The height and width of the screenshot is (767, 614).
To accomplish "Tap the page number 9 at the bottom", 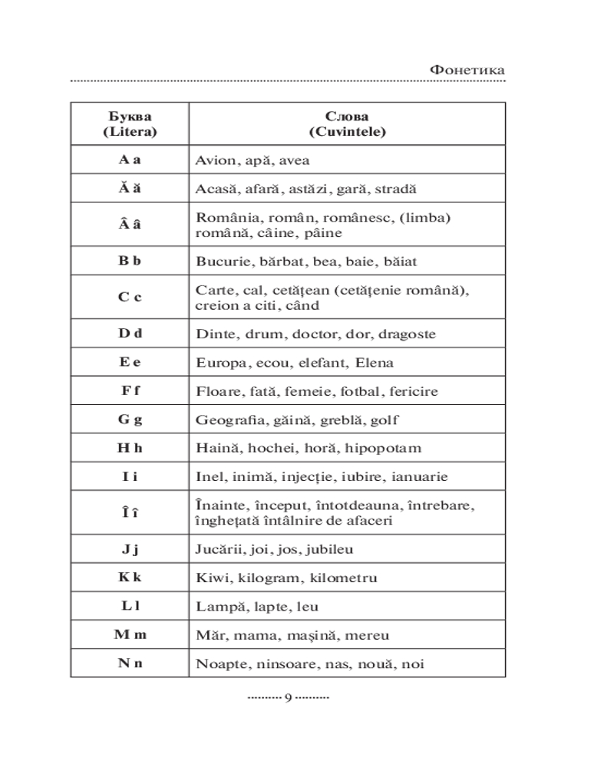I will click(288, 697).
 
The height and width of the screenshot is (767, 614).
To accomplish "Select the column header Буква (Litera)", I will click(130, 124).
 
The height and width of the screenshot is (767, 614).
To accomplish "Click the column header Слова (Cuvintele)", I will click(347, 124).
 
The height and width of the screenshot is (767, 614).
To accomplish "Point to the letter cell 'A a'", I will click(130, 160).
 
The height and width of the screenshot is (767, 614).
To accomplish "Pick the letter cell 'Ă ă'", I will click(130, 189).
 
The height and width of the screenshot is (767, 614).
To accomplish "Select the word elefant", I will click(316, 363).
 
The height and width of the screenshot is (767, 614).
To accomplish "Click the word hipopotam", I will click(383, 448).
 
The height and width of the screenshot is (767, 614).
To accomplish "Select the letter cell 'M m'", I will click(130, 635).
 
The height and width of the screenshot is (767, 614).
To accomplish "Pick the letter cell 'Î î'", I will click(130, 513).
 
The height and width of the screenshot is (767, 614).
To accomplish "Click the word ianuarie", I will click(419, 476).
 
